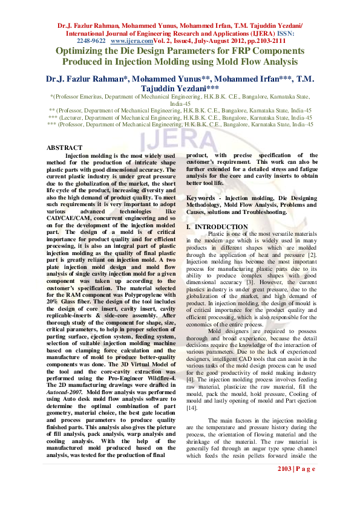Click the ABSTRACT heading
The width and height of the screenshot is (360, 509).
[65, 148]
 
